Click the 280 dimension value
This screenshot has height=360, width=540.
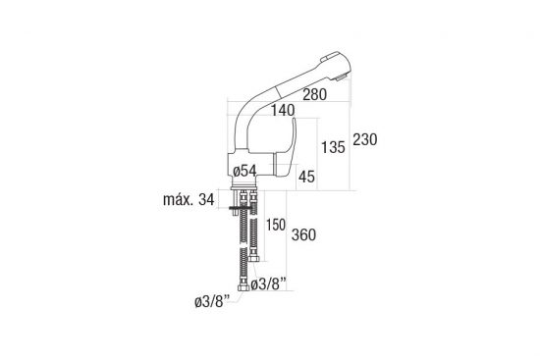315,94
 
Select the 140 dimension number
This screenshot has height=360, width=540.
283,110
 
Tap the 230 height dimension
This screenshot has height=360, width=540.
364,139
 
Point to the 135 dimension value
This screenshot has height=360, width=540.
333,147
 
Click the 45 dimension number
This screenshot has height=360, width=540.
306,177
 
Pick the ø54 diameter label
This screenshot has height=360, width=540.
244,171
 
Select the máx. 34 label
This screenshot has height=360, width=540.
189,199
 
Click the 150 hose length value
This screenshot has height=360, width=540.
276,225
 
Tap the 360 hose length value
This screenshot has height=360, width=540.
303,235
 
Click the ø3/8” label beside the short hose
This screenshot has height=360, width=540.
269,284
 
